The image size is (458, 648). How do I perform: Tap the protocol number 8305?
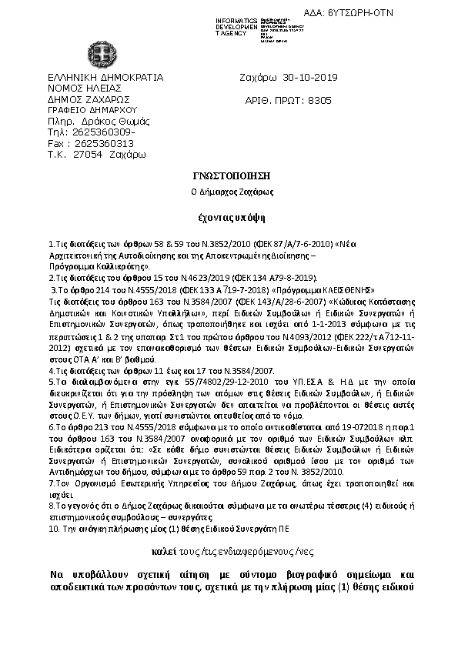319,100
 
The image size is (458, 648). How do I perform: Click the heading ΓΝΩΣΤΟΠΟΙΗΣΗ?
228,175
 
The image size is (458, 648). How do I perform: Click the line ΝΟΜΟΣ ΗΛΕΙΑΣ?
82,89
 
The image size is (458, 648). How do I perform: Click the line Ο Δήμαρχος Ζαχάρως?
228,192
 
